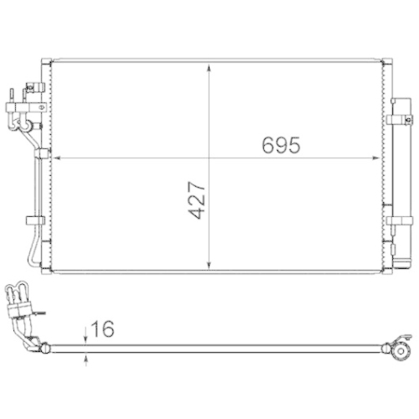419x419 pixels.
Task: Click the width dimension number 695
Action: tap(279, 144)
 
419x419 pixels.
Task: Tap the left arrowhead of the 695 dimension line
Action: tap(56, 156)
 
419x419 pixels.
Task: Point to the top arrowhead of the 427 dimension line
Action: tap(208, 65)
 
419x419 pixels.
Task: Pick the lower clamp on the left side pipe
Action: tap(34, 220)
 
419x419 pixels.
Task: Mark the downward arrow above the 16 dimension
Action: tap(87, 335)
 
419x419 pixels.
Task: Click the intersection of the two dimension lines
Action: tap(208, 156)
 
